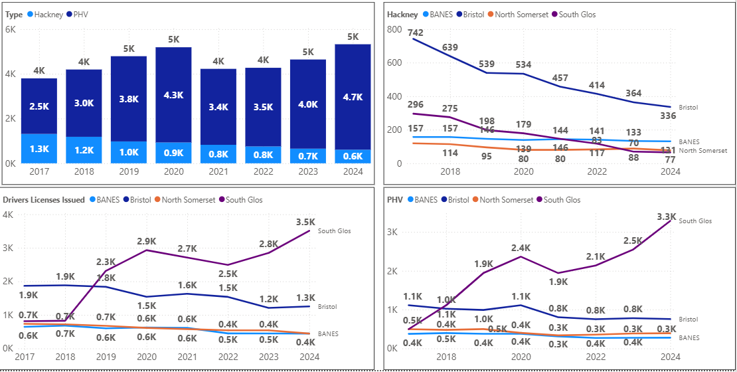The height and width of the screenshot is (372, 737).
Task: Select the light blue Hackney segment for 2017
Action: (x=39, y=148)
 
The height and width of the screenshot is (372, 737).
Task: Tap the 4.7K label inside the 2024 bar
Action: (x=353, y=97)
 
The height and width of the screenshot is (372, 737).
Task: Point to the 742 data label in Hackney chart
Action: (x=416, y=33)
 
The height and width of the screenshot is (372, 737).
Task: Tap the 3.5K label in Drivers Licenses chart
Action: (x=306, y=222)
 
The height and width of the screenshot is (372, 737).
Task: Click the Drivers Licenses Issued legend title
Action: (x=43, y=200)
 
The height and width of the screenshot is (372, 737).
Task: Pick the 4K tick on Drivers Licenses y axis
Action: (x=9, y=215)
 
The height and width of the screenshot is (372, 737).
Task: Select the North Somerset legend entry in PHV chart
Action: (x=507, y=200)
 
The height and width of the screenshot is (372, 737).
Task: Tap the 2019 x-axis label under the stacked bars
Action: (x=128, y=173)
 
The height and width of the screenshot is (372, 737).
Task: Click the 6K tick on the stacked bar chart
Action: (x=10, y=30)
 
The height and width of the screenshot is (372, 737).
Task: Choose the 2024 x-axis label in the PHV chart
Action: (x=671, y=357)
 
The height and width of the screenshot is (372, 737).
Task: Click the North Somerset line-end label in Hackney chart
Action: (x=704, y=151)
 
